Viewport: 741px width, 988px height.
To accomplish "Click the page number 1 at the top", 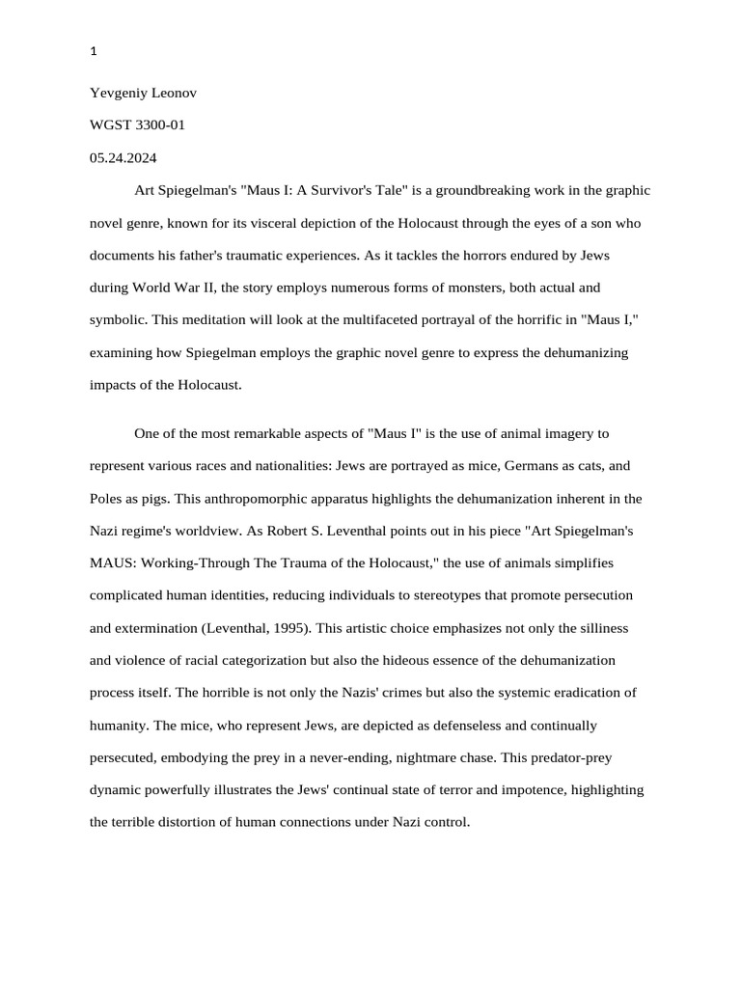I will (94, 52).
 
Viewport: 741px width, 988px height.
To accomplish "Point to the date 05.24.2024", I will (123, 158).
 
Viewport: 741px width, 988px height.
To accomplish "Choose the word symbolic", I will (116, 320).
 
